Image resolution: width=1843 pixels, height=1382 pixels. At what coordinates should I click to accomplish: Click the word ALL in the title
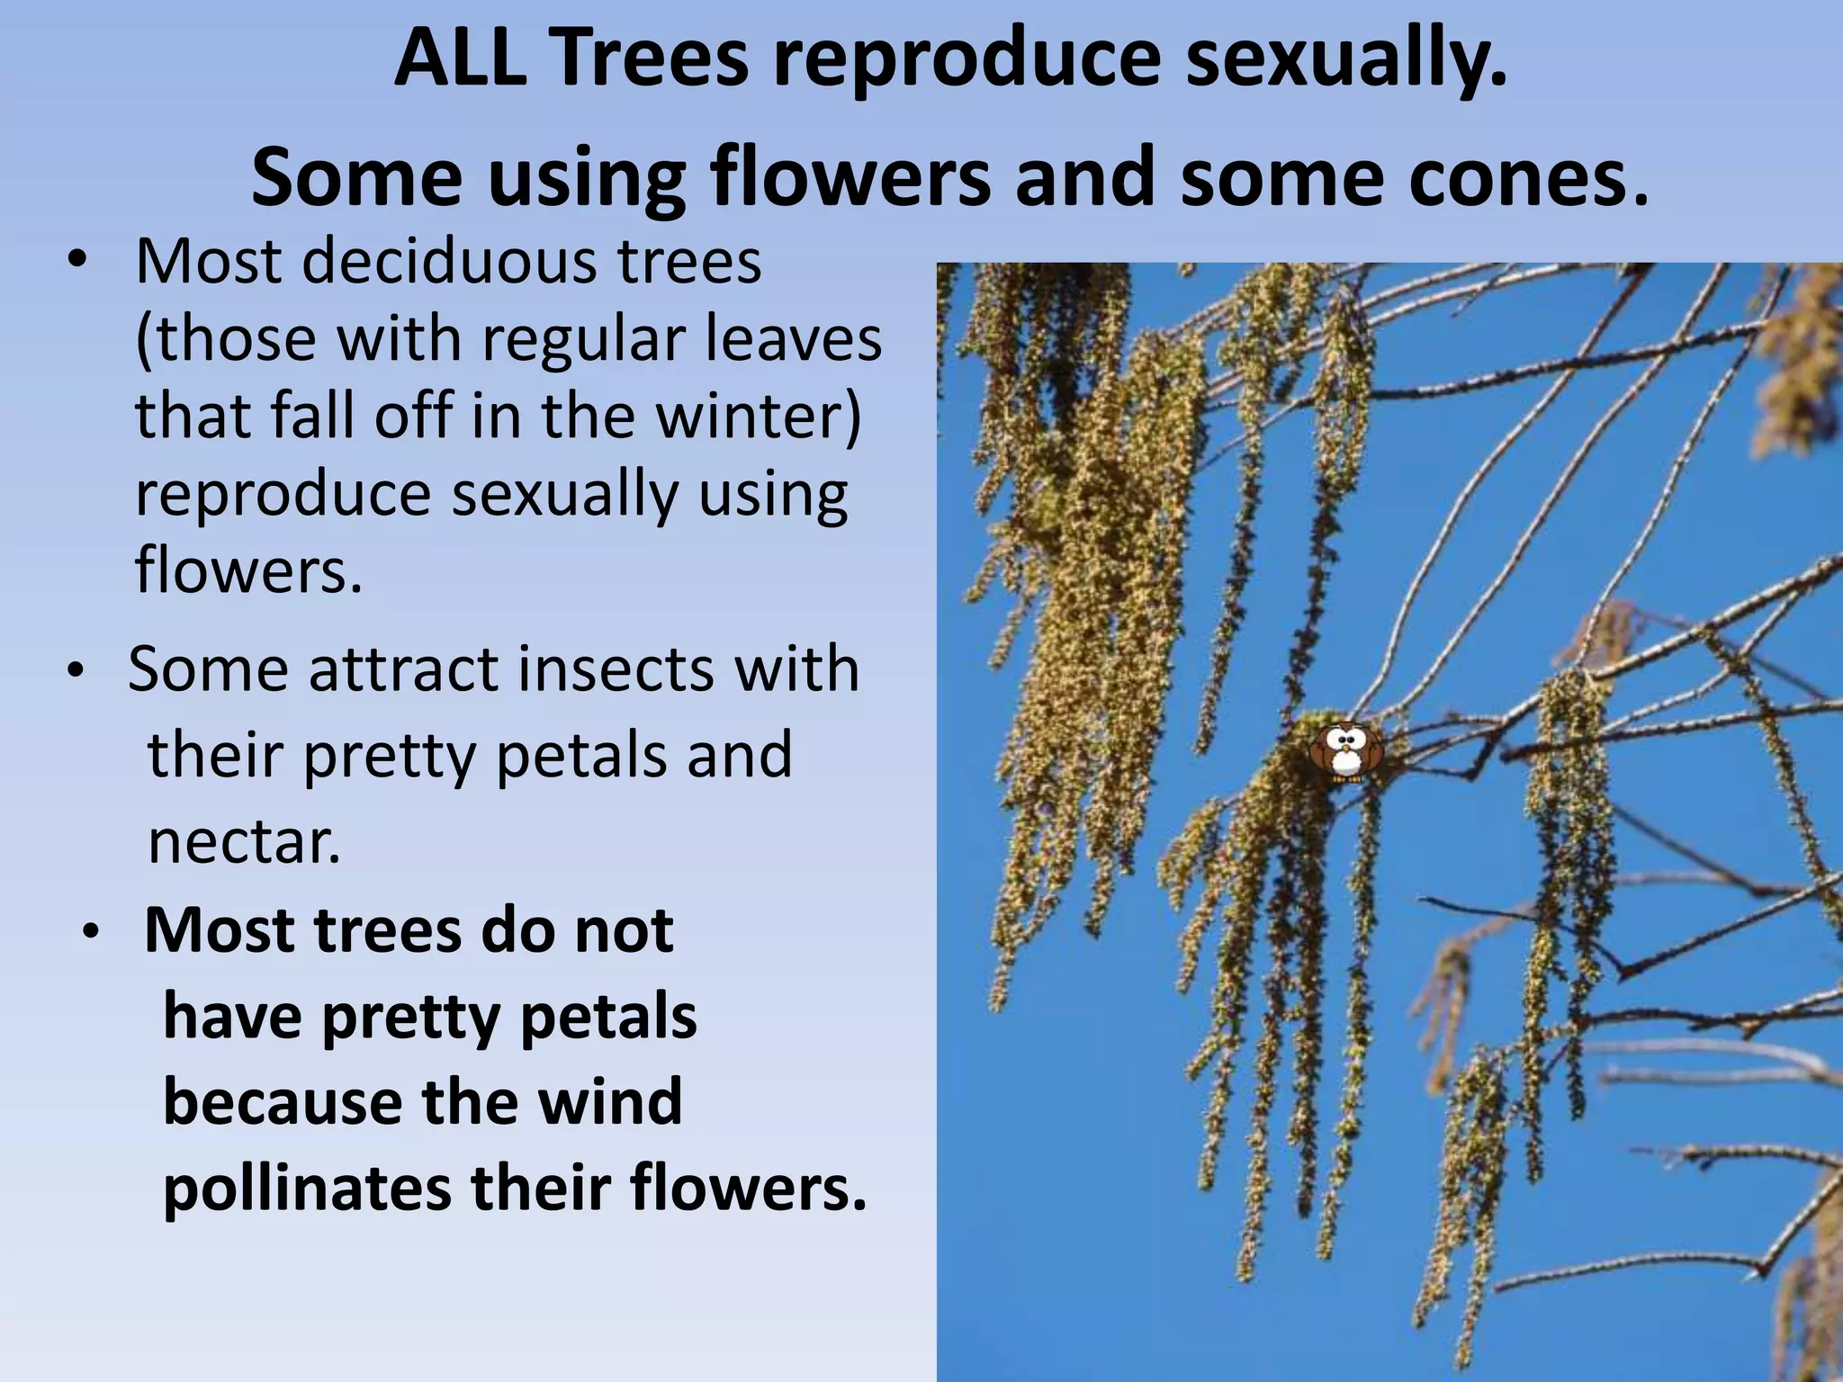(460, 58)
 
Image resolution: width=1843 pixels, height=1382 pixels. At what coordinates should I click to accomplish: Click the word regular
(572, 339)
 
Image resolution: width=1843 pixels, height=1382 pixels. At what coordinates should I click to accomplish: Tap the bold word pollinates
(306, 1189)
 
